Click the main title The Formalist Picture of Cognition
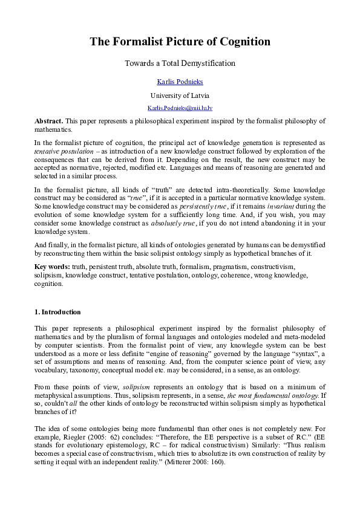click(x=180, y=42)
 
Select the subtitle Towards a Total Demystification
click(x=180, y=63)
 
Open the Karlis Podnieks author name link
click(x=180, y=81)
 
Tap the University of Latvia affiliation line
click(x=180, y=95)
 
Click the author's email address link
click(x=180, y=108)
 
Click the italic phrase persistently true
click(x=202, y=207)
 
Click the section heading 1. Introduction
click(x=57, y=312)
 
